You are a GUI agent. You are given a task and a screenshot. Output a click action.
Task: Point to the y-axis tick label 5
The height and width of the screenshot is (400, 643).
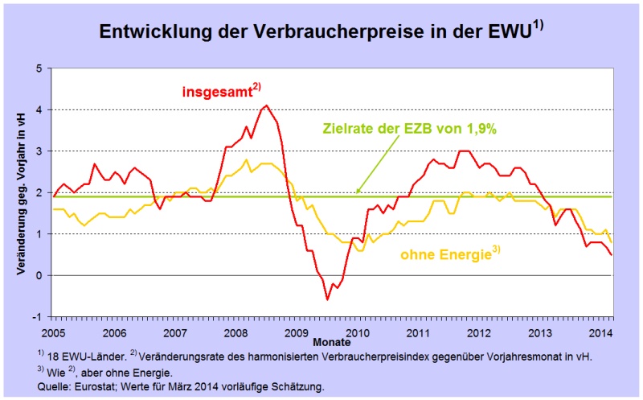click(39, 68)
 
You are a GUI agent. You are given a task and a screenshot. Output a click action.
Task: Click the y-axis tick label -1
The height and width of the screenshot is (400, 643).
click(37, 316)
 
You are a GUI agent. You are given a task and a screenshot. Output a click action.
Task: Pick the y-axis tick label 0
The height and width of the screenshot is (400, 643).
click(39, 275)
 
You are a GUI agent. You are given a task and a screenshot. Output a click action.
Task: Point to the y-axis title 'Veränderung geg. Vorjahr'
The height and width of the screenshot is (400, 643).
click(18, 193)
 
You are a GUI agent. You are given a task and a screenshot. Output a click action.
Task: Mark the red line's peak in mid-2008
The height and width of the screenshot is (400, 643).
click(268, 105)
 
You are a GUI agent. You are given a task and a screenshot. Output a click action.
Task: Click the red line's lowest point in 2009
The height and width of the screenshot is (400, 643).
click(327, 299)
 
